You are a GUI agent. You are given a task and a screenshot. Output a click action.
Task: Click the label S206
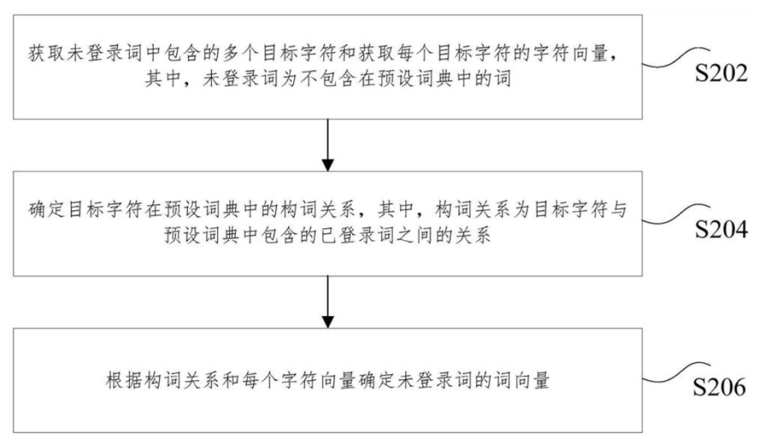[x=721, y=388]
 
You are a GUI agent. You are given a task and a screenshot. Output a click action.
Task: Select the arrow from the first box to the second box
[x=326, y=143]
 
